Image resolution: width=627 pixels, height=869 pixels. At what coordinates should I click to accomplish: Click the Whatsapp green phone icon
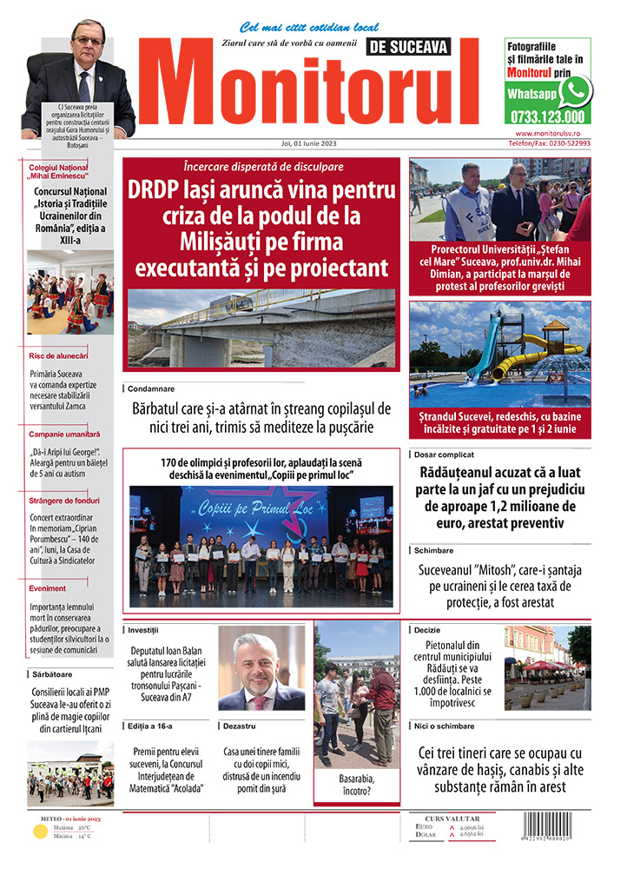point(574,90)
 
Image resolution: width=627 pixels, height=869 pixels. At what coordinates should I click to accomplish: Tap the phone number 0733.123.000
point(548,116)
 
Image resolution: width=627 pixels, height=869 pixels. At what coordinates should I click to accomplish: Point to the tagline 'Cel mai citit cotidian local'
point(297,27)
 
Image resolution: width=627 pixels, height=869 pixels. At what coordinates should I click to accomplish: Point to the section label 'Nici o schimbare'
point(445,726)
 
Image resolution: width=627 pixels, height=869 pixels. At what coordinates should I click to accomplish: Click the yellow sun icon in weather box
point(39,833)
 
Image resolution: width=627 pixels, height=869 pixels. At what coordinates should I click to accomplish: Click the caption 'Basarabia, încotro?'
point(357,786)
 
